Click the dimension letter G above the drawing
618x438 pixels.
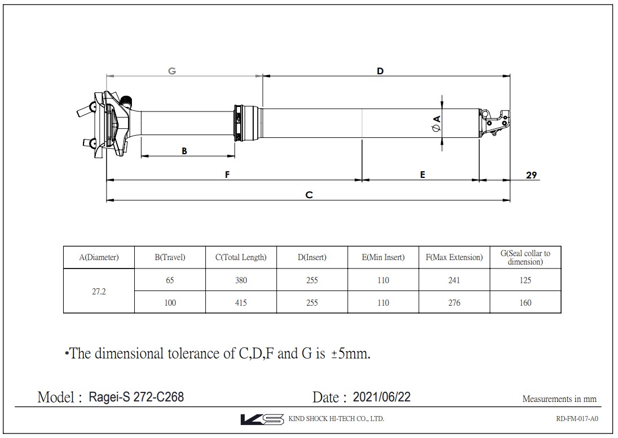pyautogui.click(x=172, y=71)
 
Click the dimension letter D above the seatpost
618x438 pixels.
pyautogui.click(x=380, y=71)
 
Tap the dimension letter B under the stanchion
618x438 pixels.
pyautogui.click(x=184, y=151)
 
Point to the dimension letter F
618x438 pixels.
pyautogui.click(x=227, y=175)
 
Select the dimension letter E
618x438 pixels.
pyautogui.click(x=422, y=175)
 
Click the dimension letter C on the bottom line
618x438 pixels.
pyautogui.click(x=309, y=195)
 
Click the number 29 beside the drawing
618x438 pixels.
pyautogui.click(x=531, y=175)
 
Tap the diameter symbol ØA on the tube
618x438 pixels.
pyautogui.click(x=436, y=123)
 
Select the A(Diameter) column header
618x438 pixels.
pyautogui.click(x=99, y=257)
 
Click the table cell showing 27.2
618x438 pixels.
pyautogui.click(x=99, y=292)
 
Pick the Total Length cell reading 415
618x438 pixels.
pyautogui.click(x=241, y=303)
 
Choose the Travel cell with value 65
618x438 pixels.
pyautogui.click(x=170, y=280)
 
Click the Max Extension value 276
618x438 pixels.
pyautogui.click(x=454, y=303)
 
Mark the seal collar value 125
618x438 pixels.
pyautogui.click(x=525, y=280)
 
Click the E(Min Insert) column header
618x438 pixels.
pyautogui.click(x=383, y=257)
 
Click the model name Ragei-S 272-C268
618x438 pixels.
pyautogui.click(x=136, y=397)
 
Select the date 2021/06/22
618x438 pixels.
pyautogui.click(x=382, y=397)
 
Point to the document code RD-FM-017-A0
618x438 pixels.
pyautogui.click(x=576, y=419)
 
